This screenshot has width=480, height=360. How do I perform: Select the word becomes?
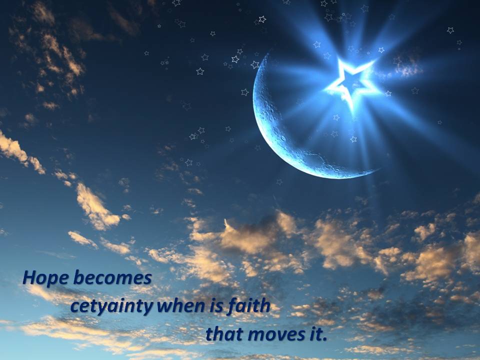[x=112, y=277]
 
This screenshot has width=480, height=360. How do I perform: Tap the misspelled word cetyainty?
[x=112, y=306]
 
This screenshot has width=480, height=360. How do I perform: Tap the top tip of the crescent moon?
[x=268, y=54]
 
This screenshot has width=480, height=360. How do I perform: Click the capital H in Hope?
[x=30, y=278]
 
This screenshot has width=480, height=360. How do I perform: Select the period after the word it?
[x=325, y=339]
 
